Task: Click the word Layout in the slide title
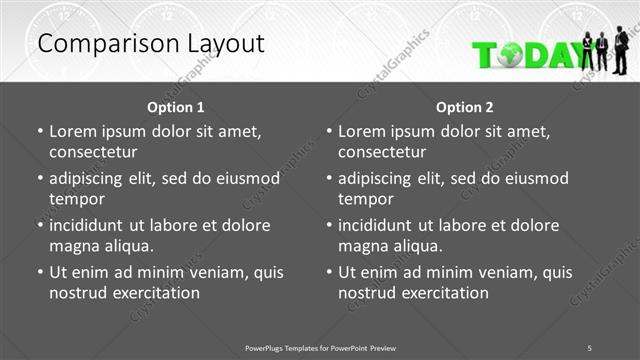click(221, 43)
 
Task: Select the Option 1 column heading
click(176, 107)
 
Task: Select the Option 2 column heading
click(465, 107)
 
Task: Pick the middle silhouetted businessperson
click(603, 52)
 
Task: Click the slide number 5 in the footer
click(589, 347)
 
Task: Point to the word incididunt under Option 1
click(92, 225)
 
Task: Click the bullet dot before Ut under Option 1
click(40, 272)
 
